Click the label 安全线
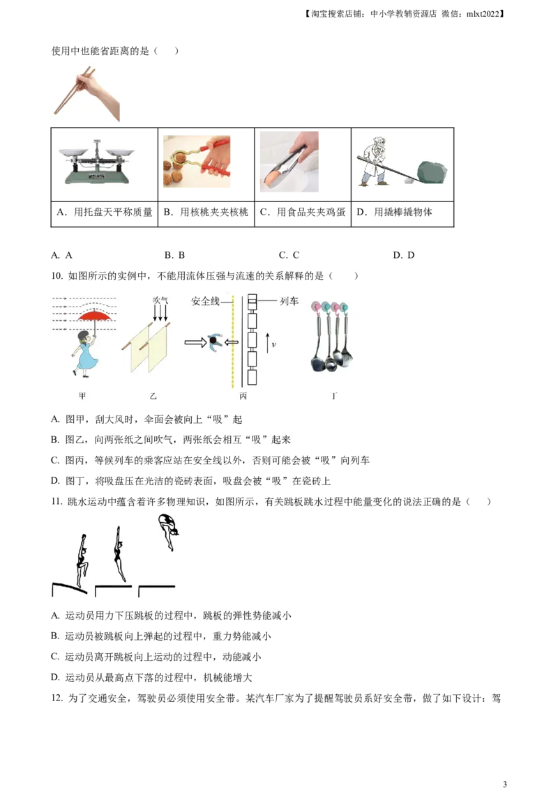[x=206, y=301]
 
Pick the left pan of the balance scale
[x=72, y=151]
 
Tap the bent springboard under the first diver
[x=70, y=587]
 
